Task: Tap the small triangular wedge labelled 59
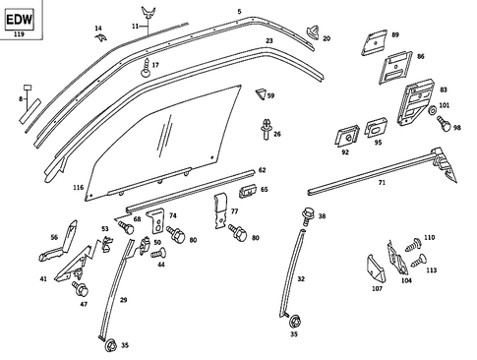261,94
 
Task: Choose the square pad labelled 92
347,133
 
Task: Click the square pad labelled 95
376,129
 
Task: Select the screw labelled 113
418,261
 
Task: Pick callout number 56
54,236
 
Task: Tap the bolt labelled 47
81,291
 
